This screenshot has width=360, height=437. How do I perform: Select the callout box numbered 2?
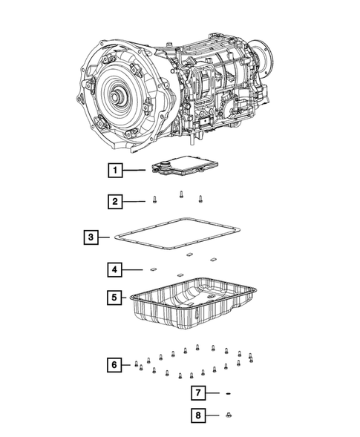[114, 201]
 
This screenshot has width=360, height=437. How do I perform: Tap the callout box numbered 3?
[90, 237]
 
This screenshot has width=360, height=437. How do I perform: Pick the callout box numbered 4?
[114, 269]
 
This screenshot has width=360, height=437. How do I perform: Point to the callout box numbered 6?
[114, 364]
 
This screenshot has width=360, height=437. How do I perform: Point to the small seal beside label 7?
[230, 392]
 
